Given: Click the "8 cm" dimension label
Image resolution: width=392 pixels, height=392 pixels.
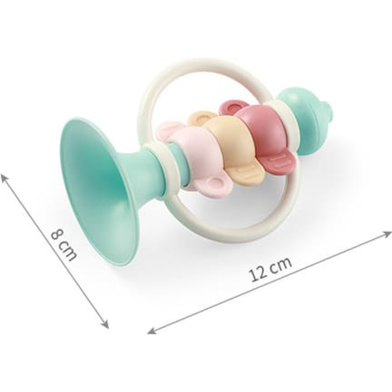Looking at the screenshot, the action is [x=63, y=245].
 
